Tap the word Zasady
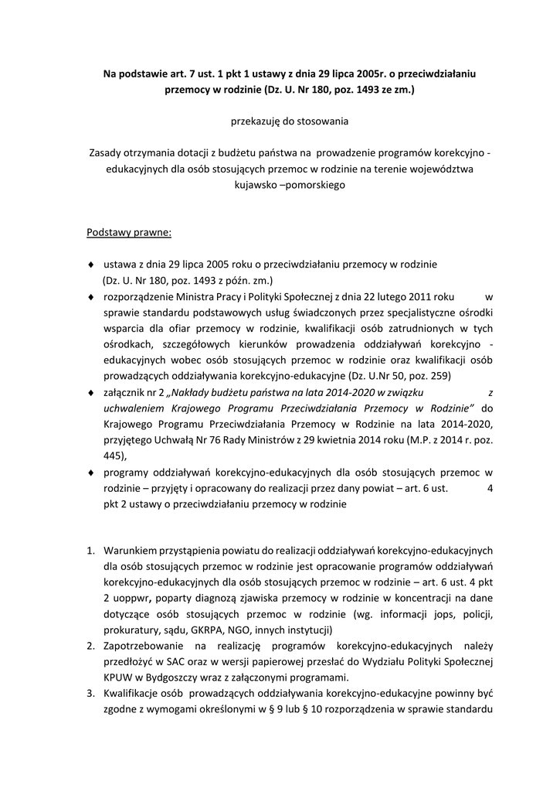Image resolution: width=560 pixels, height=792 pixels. click(107, 153)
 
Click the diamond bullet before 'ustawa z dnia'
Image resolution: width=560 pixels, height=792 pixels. click(91, 265)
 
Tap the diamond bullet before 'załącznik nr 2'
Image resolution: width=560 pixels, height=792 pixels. click(91, 392)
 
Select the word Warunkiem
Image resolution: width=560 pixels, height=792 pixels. click(130, 551)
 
